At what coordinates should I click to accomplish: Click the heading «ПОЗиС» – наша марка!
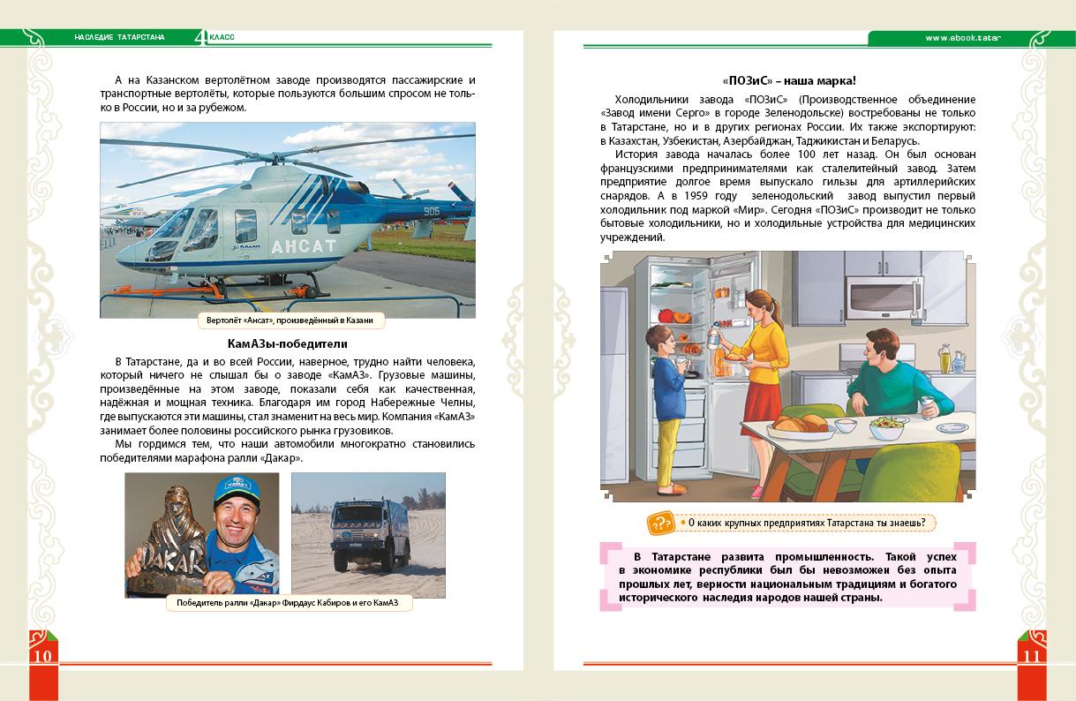(790, 80)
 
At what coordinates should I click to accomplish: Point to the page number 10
(43, 655)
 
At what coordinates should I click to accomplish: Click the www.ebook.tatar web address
(966, 37)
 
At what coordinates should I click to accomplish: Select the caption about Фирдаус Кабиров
(288, 603)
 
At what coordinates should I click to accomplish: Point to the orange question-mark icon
(659, 523)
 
